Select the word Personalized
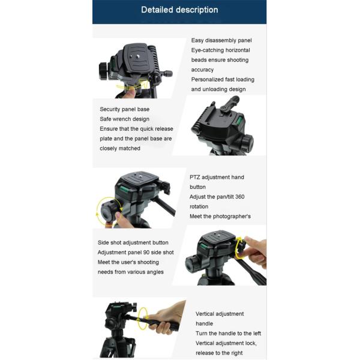pyautogui.click(x=206, y=80)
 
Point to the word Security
pyautogui.click(x=109, y=109)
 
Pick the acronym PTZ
pyautogui.click(x=194, y=177)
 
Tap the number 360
pyautogui.click(x=239, y=197)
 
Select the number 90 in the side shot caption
pyautogui.click(x=146, y=253)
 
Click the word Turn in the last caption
pyautogui.click(x=202, y=334)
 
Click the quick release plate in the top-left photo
pyautogui.click(x=135, y=59)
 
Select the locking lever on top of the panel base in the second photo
pyautogui.click(x=230, y=104)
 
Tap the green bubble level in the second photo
pyautogui.click(x=239, y=120)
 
